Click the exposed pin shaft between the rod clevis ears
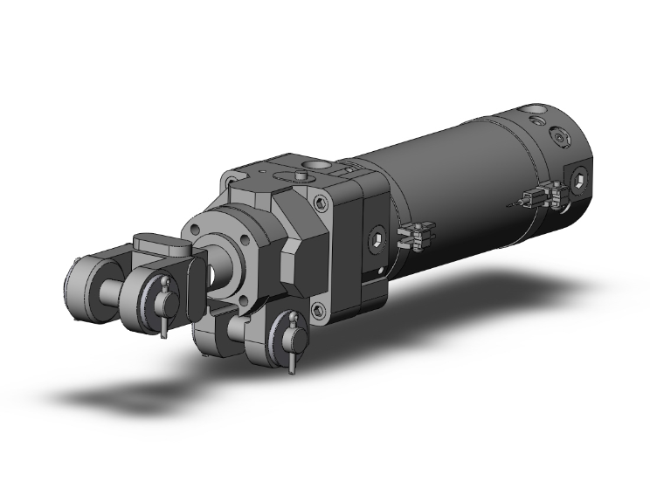114,288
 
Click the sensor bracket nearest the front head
415,235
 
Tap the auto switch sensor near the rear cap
537,195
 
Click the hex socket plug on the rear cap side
581,181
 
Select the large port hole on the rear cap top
535,113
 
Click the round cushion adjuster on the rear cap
559,137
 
